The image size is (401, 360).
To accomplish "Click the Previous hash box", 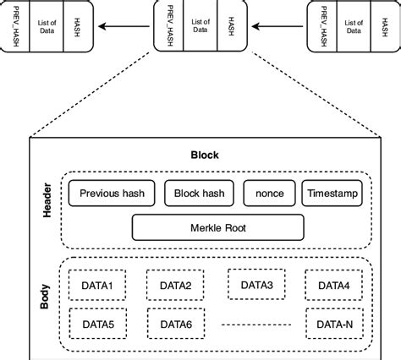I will [112, 194].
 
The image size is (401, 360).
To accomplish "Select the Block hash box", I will [198, 194].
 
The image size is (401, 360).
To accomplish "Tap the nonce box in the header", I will [269, 194].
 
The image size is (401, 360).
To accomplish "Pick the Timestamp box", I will [332, 194].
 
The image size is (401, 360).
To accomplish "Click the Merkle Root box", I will [217, 226].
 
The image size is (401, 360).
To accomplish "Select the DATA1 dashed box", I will [98, 285].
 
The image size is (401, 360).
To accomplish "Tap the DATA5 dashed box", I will [98, 323].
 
